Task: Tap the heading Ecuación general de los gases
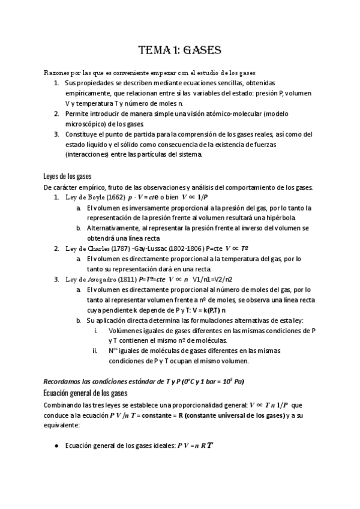click(x=85, y=393)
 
